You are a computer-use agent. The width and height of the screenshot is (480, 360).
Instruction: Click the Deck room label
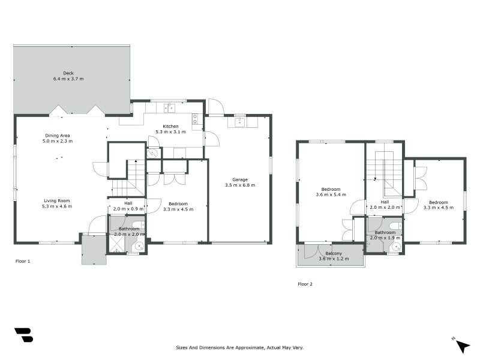68,73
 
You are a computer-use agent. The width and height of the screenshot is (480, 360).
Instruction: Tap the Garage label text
240,179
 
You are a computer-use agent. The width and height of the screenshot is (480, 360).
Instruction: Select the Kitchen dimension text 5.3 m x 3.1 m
170,132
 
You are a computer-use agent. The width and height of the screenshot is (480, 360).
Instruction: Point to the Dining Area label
58,136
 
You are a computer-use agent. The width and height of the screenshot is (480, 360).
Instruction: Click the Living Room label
57,201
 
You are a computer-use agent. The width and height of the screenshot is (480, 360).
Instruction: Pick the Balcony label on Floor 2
334,253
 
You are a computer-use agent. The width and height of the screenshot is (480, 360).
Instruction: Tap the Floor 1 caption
23,261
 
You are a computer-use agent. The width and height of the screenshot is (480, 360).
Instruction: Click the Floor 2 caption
305,284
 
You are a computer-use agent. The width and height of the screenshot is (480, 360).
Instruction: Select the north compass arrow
463,346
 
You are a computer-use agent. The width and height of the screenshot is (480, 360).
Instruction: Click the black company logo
23,335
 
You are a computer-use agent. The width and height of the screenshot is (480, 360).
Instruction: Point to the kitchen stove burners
195,119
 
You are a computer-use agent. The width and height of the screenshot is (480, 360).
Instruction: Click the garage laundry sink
239,122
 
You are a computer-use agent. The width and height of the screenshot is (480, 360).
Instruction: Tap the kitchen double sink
169,108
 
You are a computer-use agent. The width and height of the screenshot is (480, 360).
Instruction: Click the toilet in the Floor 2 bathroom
395,226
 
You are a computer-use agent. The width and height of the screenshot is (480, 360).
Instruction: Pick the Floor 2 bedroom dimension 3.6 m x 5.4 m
331,194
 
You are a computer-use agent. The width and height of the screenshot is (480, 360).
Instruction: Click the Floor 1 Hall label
128,203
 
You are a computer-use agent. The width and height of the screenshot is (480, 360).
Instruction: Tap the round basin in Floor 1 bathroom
140,246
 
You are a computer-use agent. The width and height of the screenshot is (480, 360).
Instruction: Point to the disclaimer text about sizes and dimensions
239,347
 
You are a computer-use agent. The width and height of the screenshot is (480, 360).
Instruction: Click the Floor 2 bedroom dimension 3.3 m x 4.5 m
439,208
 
